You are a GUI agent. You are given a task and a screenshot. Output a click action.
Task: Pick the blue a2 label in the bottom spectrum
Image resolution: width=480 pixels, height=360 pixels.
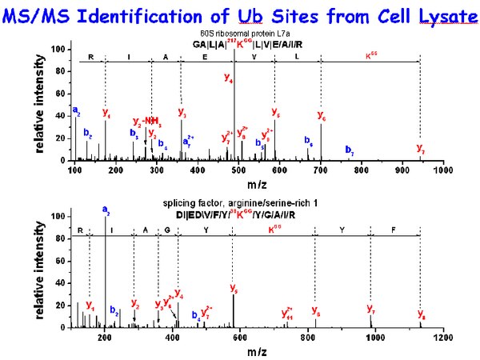tap(106, 210)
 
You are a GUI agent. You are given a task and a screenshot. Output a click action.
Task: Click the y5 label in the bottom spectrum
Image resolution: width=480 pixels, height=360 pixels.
tap(234, 288)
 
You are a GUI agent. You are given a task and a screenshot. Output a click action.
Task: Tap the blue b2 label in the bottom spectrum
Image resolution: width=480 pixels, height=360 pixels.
tap(114, 310)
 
